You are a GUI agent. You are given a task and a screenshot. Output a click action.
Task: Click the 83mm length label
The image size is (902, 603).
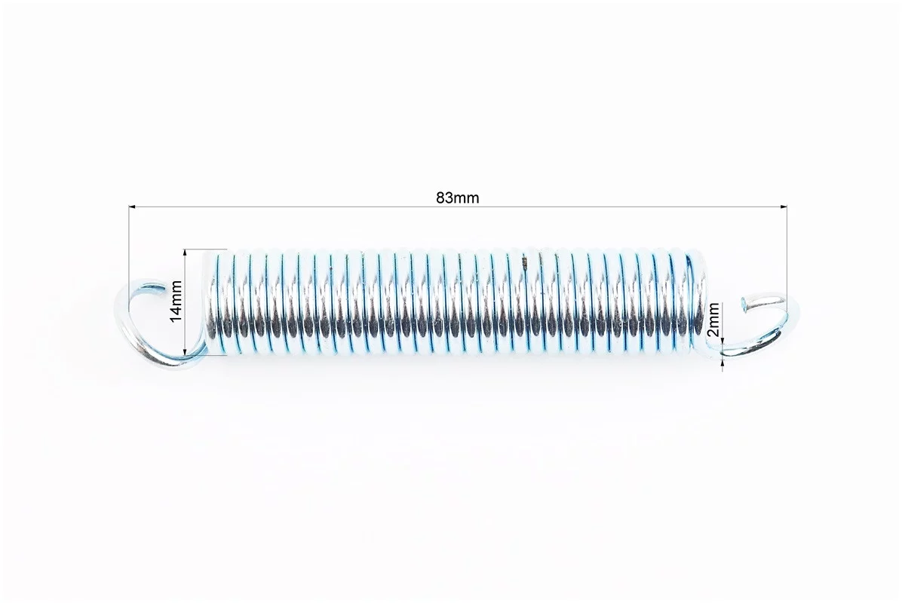click(x=458, y=197)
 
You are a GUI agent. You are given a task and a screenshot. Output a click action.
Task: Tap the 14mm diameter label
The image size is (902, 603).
click(x=176, y=301)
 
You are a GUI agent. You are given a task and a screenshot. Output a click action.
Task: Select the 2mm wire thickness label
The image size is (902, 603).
click(x=713, y=321)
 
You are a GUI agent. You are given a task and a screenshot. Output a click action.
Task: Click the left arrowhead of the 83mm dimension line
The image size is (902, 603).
click(x=132, y=206)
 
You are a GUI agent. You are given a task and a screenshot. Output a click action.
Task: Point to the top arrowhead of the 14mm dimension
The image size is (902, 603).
click(x=185, y=253)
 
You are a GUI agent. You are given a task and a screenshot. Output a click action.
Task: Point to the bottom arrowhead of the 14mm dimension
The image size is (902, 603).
click(x=185, y=352)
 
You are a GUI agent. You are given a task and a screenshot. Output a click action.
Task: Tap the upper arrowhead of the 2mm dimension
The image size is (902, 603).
click(x=722, y=343)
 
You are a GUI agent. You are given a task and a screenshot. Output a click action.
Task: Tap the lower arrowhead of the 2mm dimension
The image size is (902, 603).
click(x=722, y=362)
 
